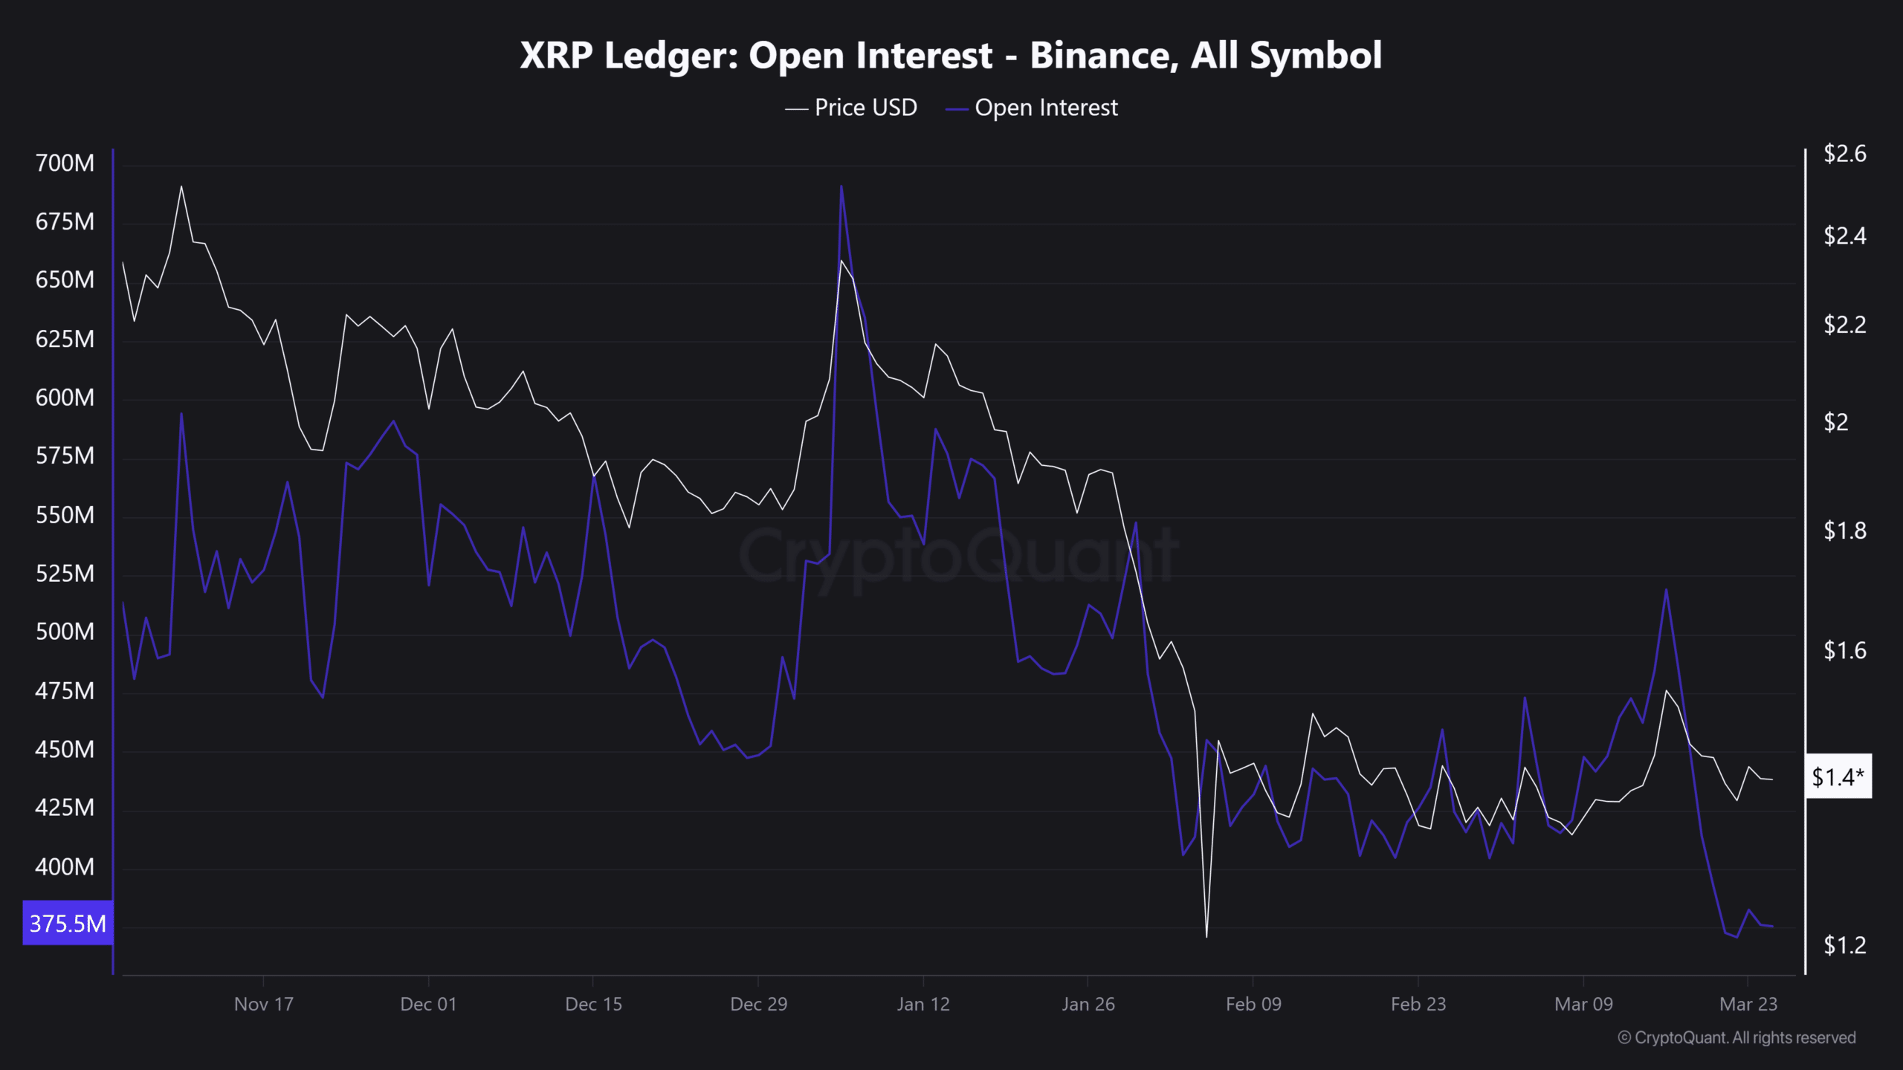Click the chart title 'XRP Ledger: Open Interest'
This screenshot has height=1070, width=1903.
tap(950, 56)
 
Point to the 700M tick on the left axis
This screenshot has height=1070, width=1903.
tap(65, 163)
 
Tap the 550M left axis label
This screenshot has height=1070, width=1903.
tap(65, 515)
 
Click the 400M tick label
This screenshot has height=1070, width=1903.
tap(65, 866)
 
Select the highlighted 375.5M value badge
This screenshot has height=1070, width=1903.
tap(68, 924)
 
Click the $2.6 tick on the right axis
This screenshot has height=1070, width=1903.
tap(1844, 154)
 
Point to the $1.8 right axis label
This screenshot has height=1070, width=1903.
tap(1844, 531)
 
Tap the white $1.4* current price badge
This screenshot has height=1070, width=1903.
tap(1838, 777)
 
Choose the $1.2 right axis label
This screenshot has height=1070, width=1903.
tap(1844, 945)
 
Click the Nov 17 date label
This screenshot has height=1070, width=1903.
tap(264, 1004)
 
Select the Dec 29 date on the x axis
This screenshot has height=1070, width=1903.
tap(758, 1004)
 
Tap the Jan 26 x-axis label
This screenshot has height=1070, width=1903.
tap(1088, 1004)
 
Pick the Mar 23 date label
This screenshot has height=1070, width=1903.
tap(1748, 1004)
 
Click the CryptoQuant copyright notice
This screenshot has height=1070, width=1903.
tap(1736, 1037)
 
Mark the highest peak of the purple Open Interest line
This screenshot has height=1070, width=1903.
tap(841, 187)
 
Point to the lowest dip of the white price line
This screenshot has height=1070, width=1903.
tap(1206, 936)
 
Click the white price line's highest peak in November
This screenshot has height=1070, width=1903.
tap(181, 187)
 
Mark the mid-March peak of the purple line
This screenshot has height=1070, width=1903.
tap(1666, 590)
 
